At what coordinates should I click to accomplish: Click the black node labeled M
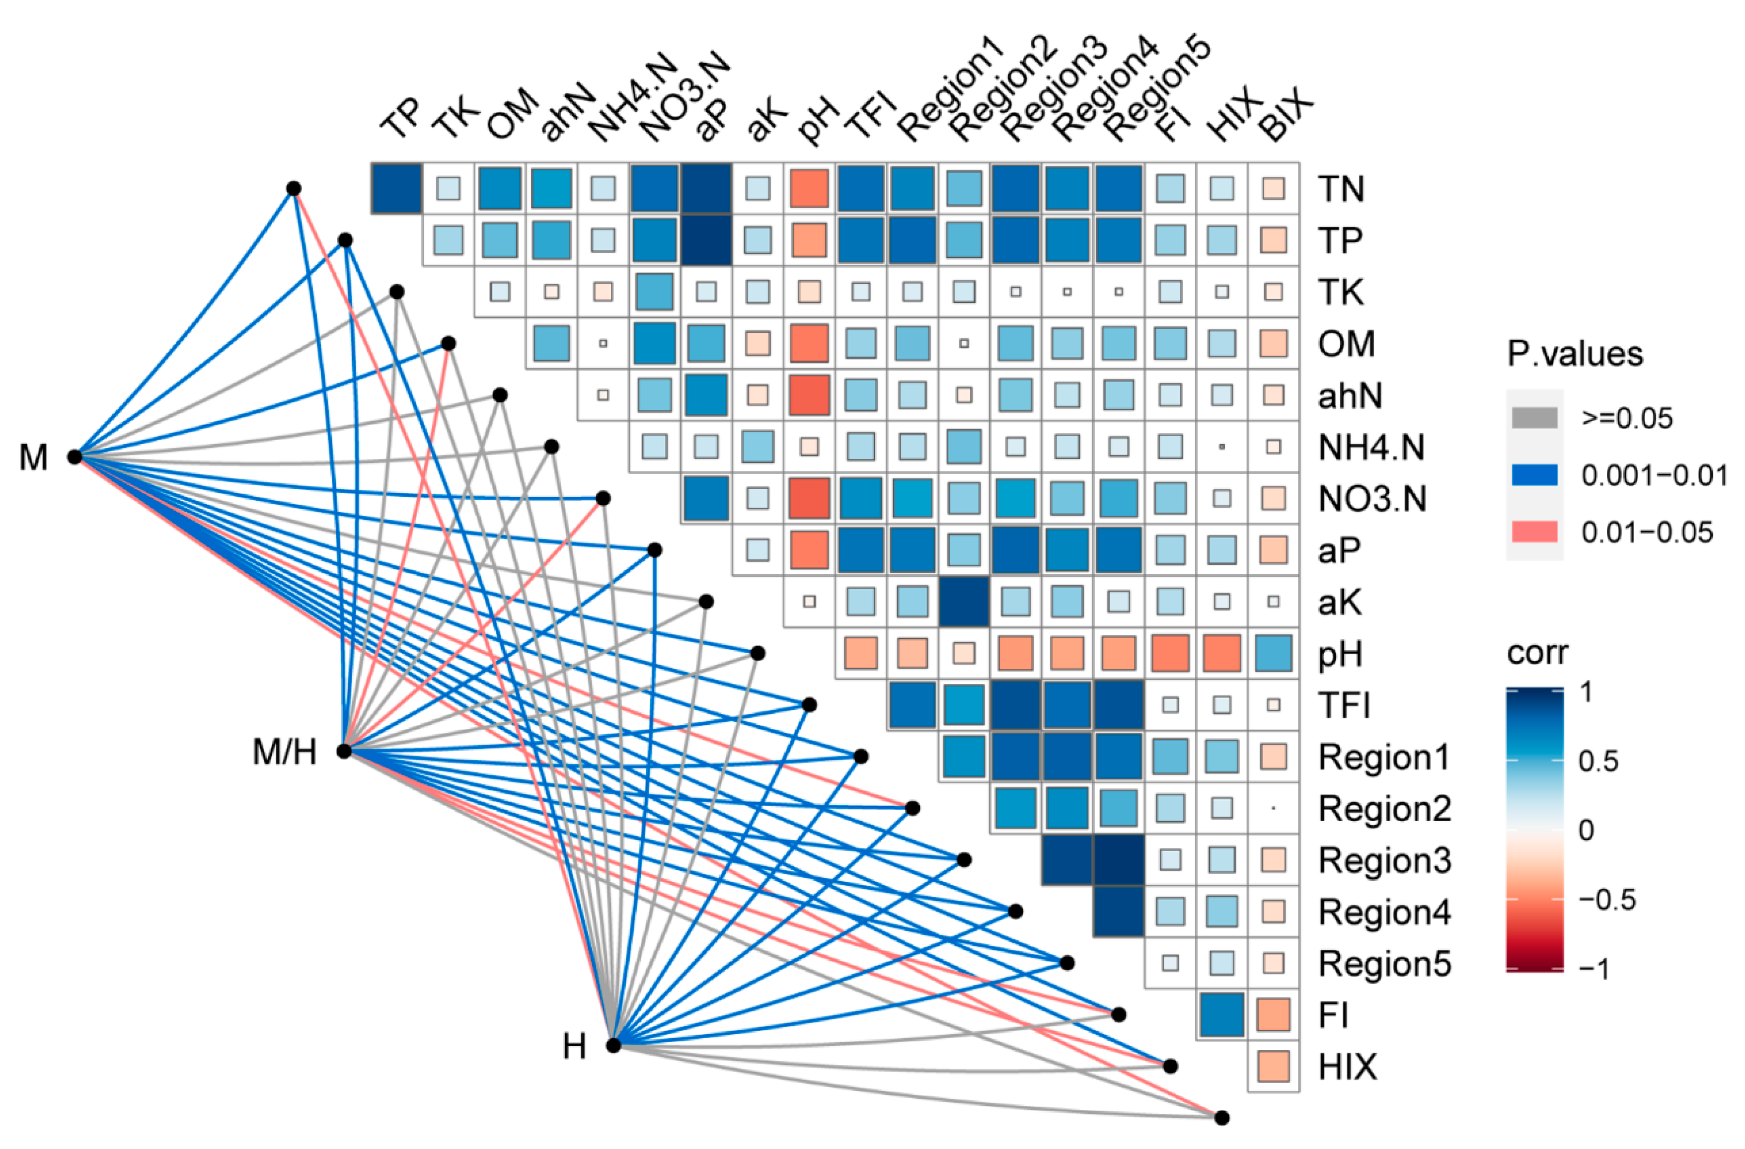(x=74, y=456)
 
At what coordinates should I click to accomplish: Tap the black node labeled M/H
(x=344, y=751)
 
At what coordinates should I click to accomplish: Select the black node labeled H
(x=613, y=1046)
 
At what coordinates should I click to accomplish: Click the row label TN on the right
(x=1341, y=189)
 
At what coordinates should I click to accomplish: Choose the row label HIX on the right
(x=1348, y=1067)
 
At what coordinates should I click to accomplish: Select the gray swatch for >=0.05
(x=1534, y=418)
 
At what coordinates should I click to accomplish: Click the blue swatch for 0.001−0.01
(x=1534, y=475)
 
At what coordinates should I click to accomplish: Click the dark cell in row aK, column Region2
(x=964, y=601)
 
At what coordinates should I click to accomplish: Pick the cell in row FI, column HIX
(x=1221, y=1015)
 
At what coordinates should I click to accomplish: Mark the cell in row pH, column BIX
(x=1274, y=653)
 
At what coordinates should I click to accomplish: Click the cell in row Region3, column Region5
(x=1118, y=859)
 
